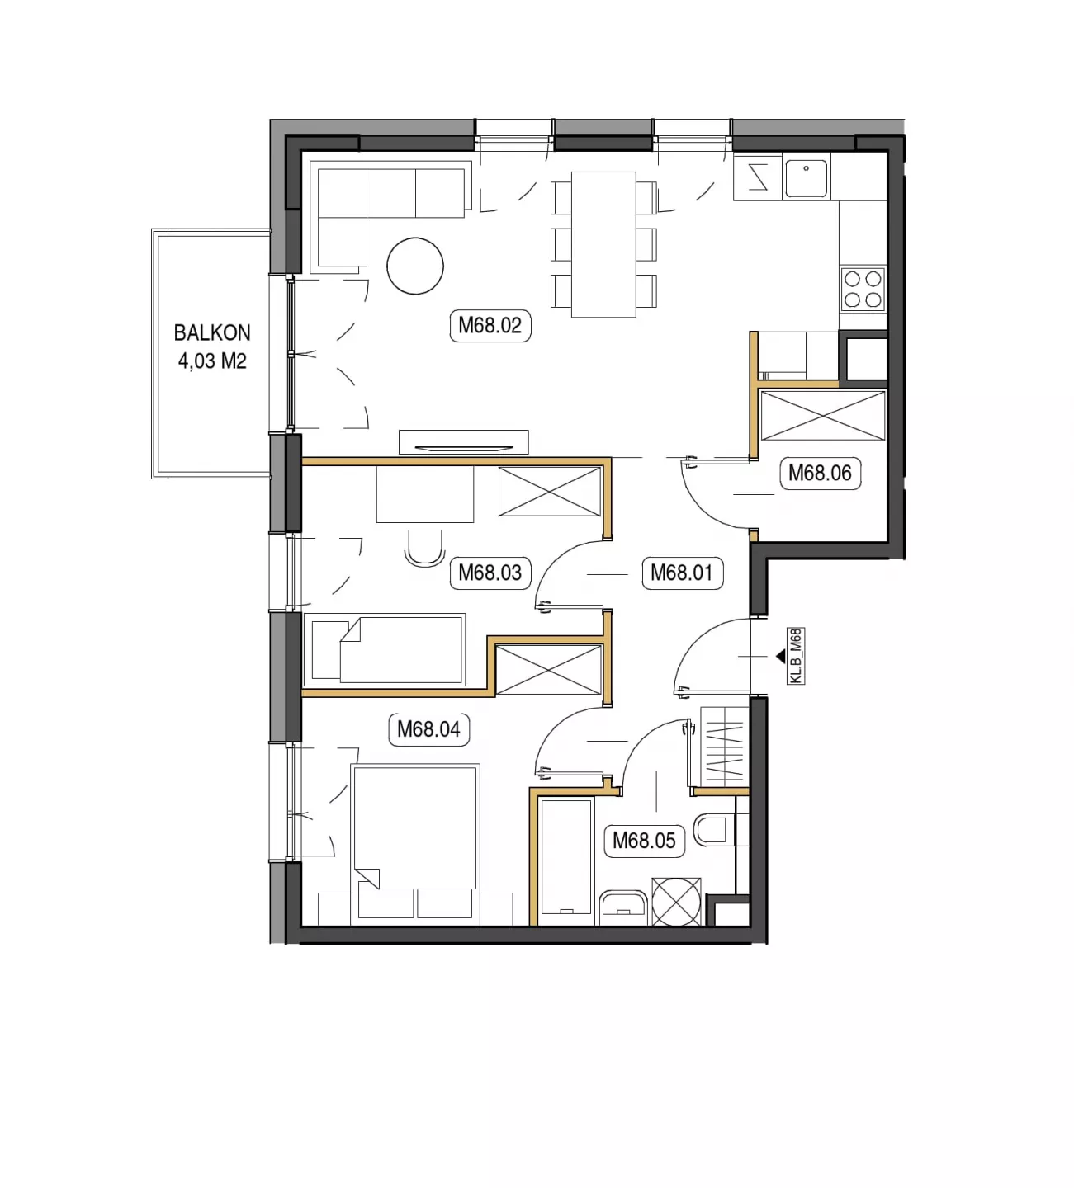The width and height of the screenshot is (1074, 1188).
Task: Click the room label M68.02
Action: [490, 326]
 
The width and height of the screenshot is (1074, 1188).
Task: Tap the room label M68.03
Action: [490, 573]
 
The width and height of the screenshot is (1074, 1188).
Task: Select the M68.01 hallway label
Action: [682, 573]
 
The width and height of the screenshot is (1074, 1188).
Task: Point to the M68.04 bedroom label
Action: [428, 729]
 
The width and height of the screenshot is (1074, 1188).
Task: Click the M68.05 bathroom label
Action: [644, 841]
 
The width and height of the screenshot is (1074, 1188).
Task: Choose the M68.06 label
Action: [820, 474]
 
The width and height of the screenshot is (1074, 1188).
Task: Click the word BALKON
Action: [212, 332]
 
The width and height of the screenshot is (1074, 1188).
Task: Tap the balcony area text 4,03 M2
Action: [212, 361]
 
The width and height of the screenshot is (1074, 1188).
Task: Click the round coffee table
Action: [415, 266]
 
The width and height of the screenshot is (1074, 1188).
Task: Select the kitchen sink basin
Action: [806, 177]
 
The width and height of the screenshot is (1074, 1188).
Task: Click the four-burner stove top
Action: [863, 289]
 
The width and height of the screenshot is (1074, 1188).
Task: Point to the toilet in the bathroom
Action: [714, 830]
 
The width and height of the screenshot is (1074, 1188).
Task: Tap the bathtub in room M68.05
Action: [567, 860]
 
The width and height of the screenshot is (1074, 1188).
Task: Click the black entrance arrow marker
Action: [781, 656]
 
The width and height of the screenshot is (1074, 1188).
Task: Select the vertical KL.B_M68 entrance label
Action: [796, 656]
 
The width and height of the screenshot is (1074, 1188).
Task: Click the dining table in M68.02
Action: [603, 244]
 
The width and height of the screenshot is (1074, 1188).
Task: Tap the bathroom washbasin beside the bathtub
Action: [623, 907]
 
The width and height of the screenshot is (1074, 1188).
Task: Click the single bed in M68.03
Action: [385, 649]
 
